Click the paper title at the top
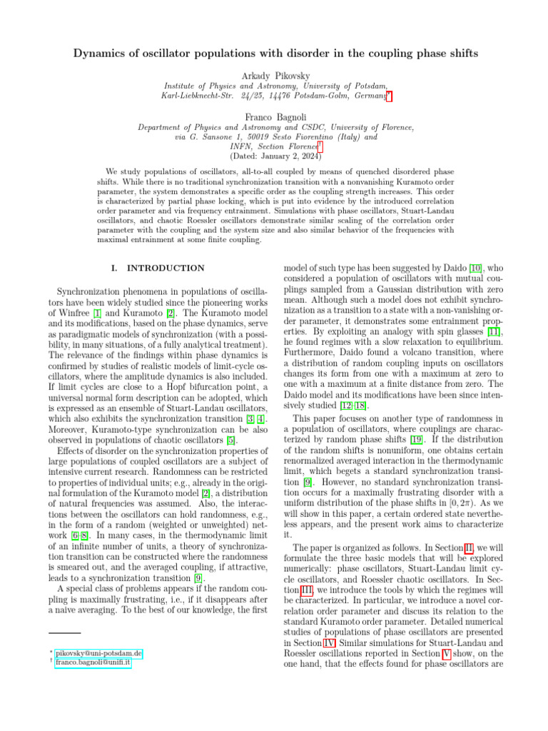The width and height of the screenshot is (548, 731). click(273, 56)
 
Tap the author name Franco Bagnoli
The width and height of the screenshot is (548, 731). click(273, 116)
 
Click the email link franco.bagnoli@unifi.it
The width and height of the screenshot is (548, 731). click(93, 663)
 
